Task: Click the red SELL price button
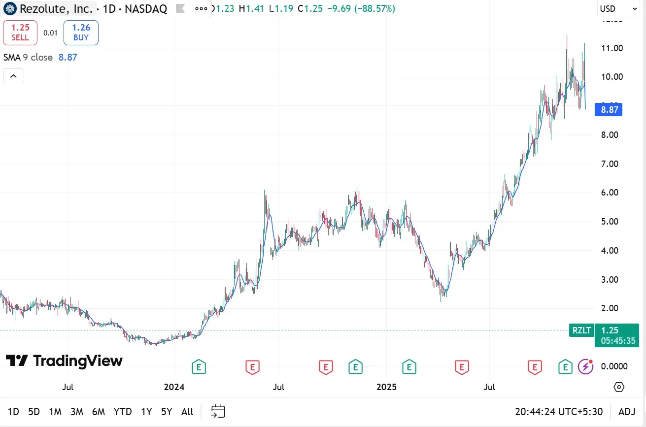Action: coord(20,33)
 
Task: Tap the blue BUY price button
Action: coord(81,33)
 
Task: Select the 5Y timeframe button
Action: coord(167,412)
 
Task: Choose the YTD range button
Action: coord(123,412)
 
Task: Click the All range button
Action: coord(187,412)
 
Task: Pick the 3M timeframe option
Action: coord(76,412)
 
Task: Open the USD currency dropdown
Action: coord(618,8)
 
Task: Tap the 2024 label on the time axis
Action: coord(174,387)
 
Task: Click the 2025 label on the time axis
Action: coord(387,387)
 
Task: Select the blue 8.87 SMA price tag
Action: coord(609,109)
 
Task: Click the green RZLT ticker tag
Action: coord(581,330)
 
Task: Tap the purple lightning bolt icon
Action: coord(585,366)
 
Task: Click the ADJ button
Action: coord(627,412)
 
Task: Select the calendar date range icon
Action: coord(218,411)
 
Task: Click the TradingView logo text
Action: coord(65,361)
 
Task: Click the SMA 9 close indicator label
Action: coord(28,57)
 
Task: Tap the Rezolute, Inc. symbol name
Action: coord(56,8)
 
